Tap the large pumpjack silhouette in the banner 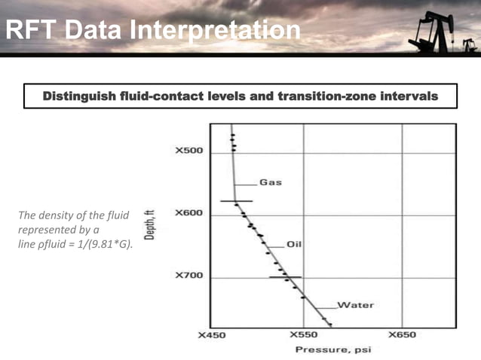(434, 32)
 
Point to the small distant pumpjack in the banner (470, 45)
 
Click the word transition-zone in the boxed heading (327, 96)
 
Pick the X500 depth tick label (189, 151)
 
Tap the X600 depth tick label (189, 212)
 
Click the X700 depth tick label (189, 275)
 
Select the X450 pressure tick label (212, 335)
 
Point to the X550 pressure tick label (304, 334)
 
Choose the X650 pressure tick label (402, 334)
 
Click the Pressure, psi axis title (333, 349)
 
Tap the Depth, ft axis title (149, 224)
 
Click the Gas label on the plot (271, 182)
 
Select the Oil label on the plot (294, 244)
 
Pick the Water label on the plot (356, 305)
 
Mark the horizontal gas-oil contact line (237, 201)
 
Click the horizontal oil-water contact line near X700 (285, 277)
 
